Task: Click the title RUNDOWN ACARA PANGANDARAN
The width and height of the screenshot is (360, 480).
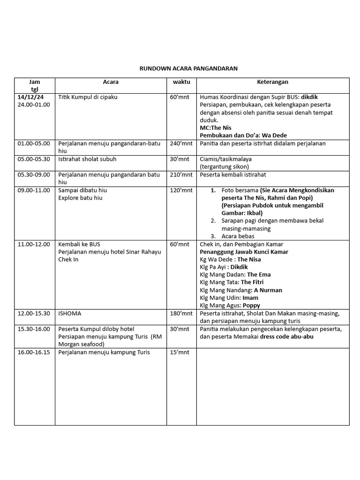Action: point(188,68)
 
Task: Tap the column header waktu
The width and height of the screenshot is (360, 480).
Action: point(181,82)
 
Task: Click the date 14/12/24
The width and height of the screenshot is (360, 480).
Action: point(30,97)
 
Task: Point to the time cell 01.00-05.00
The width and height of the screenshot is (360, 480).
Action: point(34,143)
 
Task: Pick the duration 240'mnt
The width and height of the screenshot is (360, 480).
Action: point(181,143)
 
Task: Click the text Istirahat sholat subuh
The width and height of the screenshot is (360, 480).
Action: point(87,159)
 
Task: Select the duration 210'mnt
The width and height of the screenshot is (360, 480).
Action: point(181,174)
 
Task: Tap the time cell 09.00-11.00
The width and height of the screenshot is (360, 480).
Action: point(34,190)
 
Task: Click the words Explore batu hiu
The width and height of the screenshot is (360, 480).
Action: point(80,197)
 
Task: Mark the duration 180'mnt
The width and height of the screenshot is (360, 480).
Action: point(181,313)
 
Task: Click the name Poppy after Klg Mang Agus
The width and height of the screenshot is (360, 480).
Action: point(251,305)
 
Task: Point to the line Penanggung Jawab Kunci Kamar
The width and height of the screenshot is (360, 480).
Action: point(244,252)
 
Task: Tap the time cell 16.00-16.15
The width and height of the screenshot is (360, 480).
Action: point(34,352)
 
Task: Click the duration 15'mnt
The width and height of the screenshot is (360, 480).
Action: point(180,352)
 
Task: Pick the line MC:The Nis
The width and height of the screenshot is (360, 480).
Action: point(216,127)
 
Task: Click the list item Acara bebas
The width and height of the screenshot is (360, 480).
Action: point(238,236)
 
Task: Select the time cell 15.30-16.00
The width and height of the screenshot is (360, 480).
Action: point(34,329)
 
